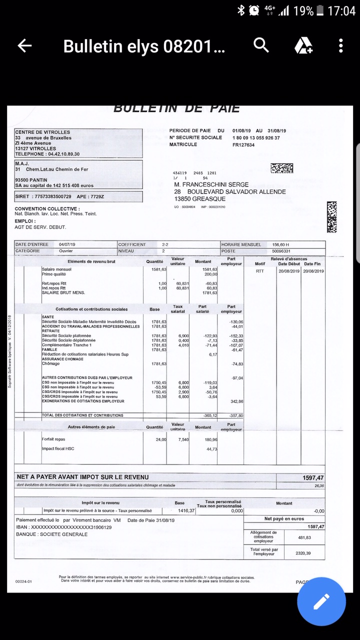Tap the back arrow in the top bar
24,46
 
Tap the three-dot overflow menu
340,46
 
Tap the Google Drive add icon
303,46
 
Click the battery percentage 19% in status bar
303,10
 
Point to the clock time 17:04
341,10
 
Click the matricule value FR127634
243,145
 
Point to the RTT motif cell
259,271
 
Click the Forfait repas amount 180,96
211,439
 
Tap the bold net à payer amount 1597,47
313,478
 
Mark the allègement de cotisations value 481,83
304,537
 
